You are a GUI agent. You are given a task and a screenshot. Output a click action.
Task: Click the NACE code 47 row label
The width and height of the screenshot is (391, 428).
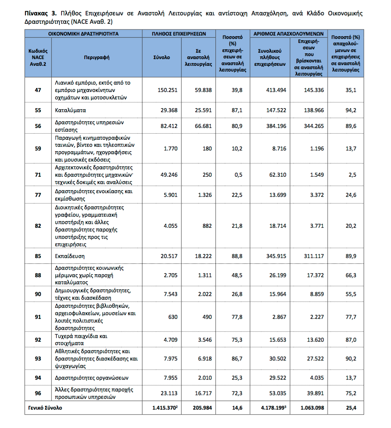click(38, 90)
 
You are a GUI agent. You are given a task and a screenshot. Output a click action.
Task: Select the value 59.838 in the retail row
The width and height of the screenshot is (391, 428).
click(203, 90)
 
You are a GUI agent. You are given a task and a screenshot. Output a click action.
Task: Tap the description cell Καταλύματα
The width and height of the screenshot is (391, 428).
click(71, 110)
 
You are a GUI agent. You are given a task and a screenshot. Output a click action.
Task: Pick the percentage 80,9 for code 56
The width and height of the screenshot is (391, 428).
click(237, 126)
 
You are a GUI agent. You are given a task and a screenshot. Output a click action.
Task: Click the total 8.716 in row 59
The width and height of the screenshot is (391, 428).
click(279, 148)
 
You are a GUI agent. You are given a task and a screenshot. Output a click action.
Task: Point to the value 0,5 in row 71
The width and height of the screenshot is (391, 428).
click(238, 175)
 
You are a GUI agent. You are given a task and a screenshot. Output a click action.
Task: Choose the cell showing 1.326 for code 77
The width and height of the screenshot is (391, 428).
click(205, 195)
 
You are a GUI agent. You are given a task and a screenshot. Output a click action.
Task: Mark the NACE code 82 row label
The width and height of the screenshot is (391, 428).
click(38, 226)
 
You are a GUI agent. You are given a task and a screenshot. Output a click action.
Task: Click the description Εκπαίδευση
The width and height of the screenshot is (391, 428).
click(70, 256)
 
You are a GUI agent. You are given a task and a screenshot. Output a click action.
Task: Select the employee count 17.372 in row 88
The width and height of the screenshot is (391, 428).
click(315, 275)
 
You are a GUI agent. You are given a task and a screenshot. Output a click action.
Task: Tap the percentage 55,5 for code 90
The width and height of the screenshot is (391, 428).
click(351, 294)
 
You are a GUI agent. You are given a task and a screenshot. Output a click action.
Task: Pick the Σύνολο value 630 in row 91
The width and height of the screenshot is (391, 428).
click(173, 317)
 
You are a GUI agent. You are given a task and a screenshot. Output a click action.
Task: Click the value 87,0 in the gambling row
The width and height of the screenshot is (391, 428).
click(351, 340)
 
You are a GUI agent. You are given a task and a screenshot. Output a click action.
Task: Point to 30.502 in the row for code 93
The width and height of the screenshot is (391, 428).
click(278, 358)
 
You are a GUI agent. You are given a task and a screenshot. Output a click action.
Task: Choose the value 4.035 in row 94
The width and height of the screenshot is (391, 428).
click(317, 378)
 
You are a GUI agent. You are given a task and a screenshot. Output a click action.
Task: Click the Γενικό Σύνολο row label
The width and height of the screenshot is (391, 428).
click(45, 408)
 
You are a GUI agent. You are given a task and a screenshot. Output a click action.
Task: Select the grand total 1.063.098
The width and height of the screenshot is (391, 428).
click(312, 408)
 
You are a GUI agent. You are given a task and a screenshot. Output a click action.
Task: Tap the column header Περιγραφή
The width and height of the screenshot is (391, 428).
click(97, 57)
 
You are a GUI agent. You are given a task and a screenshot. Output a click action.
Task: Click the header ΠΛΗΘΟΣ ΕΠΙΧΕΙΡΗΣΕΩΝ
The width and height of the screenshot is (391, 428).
click(179, 34)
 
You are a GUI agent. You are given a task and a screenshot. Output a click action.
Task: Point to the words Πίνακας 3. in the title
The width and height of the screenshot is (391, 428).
click(40, 13)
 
